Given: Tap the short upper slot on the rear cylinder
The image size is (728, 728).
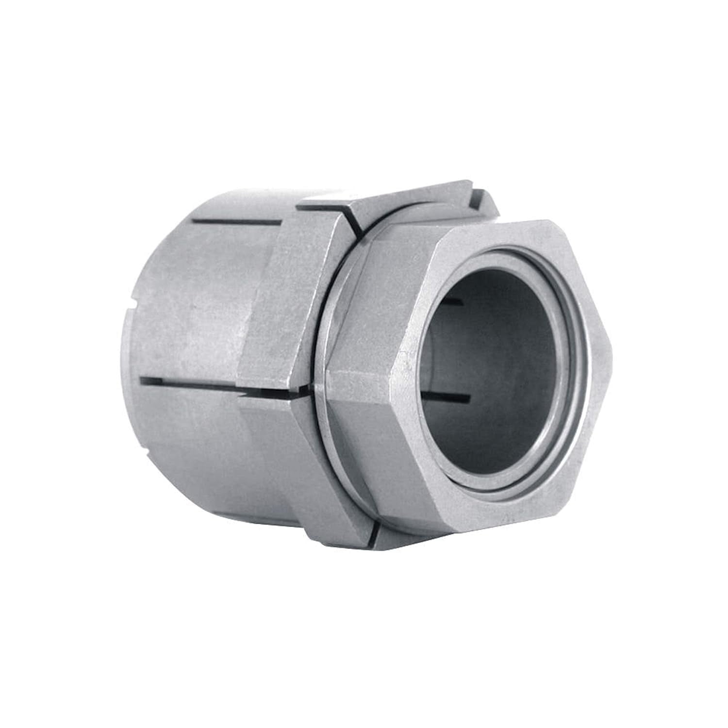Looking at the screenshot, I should tap(238, 222).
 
